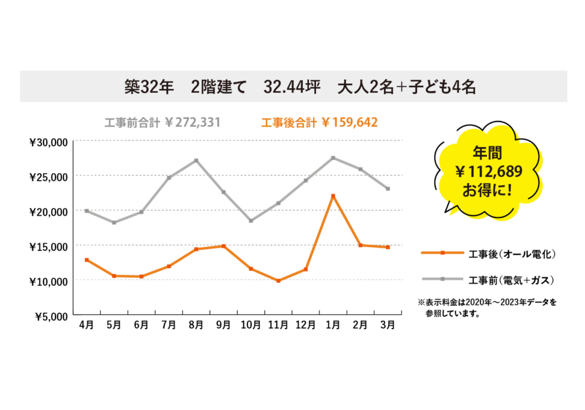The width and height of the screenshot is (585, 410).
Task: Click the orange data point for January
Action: click(x=333, y=196)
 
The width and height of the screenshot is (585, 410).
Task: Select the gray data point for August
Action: click(x=196, y=160)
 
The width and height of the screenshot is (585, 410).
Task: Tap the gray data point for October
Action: click(x=251, y=221)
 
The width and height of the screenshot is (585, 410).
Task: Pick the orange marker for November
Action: click(x=278, y=281)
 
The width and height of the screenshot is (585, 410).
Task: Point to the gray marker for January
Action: click(x=333, y=158)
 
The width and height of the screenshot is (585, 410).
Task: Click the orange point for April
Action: click(x=87, y=260)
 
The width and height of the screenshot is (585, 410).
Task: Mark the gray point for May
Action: click(x=114, y=223)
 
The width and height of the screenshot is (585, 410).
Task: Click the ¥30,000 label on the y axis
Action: click(x=49, y=143)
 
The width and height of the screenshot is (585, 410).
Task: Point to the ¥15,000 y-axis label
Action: click(x=49, y=247)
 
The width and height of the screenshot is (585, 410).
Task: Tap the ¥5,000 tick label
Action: click(x=51, y=317)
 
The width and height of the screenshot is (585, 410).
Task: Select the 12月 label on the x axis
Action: click(x=306, y=325)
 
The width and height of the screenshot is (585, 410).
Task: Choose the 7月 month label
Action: click(x=169, y=325)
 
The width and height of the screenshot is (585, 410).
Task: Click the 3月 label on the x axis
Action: click(x=388, y=325)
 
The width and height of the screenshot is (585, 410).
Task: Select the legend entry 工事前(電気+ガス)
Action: click(x=511, y=280)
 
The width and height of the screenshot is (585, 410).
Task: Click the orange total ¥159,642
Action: click(x=350, y=122)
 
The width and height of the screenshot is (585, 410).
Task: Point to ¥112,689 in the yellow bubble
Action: click(x=489, y=171)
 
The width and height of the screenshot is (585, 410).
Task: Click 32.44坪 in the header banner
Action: click(x=292, y=87)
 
